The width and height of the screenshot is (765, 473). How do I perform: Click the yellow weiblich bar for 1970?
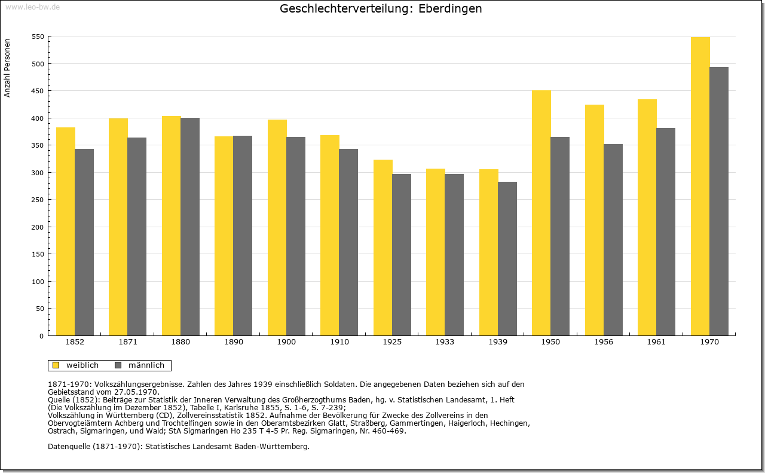pos(700,186)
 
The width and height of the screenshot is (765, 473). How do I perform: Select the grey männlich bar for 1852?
pos(84,242)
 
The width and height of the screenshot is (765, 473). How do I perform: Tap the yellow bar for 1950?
pos(541,213)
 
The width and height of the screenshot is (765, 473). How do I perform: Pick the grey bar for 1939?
pos(507,259)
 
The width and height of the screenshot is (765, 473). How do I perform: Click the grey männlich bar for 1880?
pos(190,227)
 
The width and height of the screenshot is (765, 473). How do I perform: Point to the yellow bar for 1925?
pos(383,248)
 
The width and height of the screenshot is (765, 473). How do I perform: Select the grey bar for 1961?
pos(666,231)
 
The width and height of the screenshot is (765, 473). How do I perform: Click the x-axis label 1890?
pos(234,342)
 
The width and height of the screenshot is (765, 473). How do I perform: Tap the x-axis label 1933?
pos(445,342)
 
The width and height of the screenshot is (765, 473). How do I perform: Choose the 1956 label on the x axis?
pos(604,342)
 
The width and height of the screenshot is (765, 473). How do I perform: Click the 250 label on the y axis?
pos(38,200)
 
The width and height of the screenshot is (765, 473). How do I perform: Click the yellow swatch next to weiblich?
pos(56,365)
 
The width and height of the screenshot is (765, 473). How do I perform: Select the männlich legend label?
pos(146,365)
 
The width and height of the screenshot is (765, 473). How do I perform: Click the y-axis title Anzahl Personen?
pos(7,68)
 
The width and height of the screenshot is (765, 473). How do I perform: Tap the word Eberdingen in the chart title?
pos(450,8)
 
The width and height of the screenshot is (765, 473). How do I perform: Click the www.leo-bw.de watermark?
pos(32,7)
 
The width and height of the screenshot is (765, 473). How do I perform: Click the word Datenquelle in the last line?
pos(69,446)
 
